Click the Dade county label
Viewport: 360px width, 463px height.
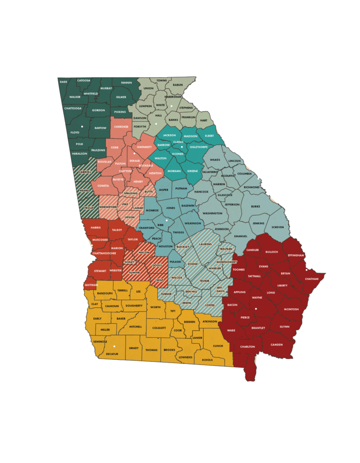click(x=63, y=82)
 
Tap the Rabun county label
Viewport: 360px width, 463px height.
click(x=178, y=85)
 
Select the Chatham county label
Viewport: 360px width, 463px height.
click(x=312, y=279)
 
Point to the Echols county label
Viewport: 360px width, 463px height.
click(x=207, y=360)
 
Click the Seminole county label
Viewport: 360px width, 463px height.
click(x=100, y=341)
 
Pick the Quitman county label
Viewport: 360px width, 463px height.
click(x=90, y=285)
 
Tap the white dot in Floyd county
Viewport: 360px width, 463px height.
click(x=82, y=127)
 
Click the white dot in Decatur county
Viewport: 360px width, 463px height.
click(x=114, y=346)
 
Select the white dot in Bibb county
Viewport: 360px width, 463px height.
click(x=166, y=221)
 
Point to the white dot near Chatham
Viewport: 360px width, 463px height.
click(x=307, y=270)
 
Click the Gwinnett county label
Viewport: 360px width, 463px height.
click(x=144, y=147)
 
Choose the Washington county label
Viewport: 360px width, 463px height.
click(x=212, y=213)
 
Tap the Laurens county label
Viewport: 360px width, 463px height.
click(x=205, y=244)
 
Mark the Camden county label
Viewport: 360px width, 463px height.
click(x=276, y=345)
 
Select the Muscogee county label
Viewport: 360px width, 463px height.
click(x=99, y=239)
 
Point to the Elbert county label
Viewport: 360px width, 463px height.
click(x=209, y=135)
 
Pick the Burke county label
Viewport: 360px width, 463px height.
click(x=255, y=206)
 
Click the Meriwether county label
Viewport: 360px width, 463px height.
click(x=108, y=207)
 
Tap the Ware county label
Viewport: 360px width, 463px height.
click(x=231, y=330)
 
